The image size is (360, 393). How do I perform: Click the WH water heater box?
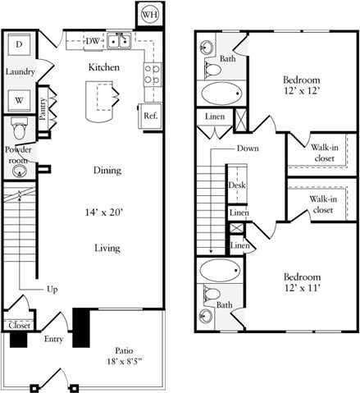(148, 14)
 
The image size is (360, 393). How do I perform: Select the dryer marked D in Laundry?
(19, 44)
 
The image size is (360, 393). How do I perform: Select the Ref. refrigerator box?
(150, 116)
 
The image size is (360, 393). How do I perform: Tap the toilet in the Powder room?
(20, 128)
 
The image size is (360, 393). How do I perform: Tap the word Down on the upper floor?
(248, 149)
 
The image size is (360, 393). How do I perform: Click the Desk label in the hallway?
(235, 185)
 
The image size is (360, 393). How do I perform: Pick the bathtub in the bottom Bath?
(219, 269)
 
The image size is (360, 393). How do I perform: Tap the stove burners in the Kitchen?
(153, 75)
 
